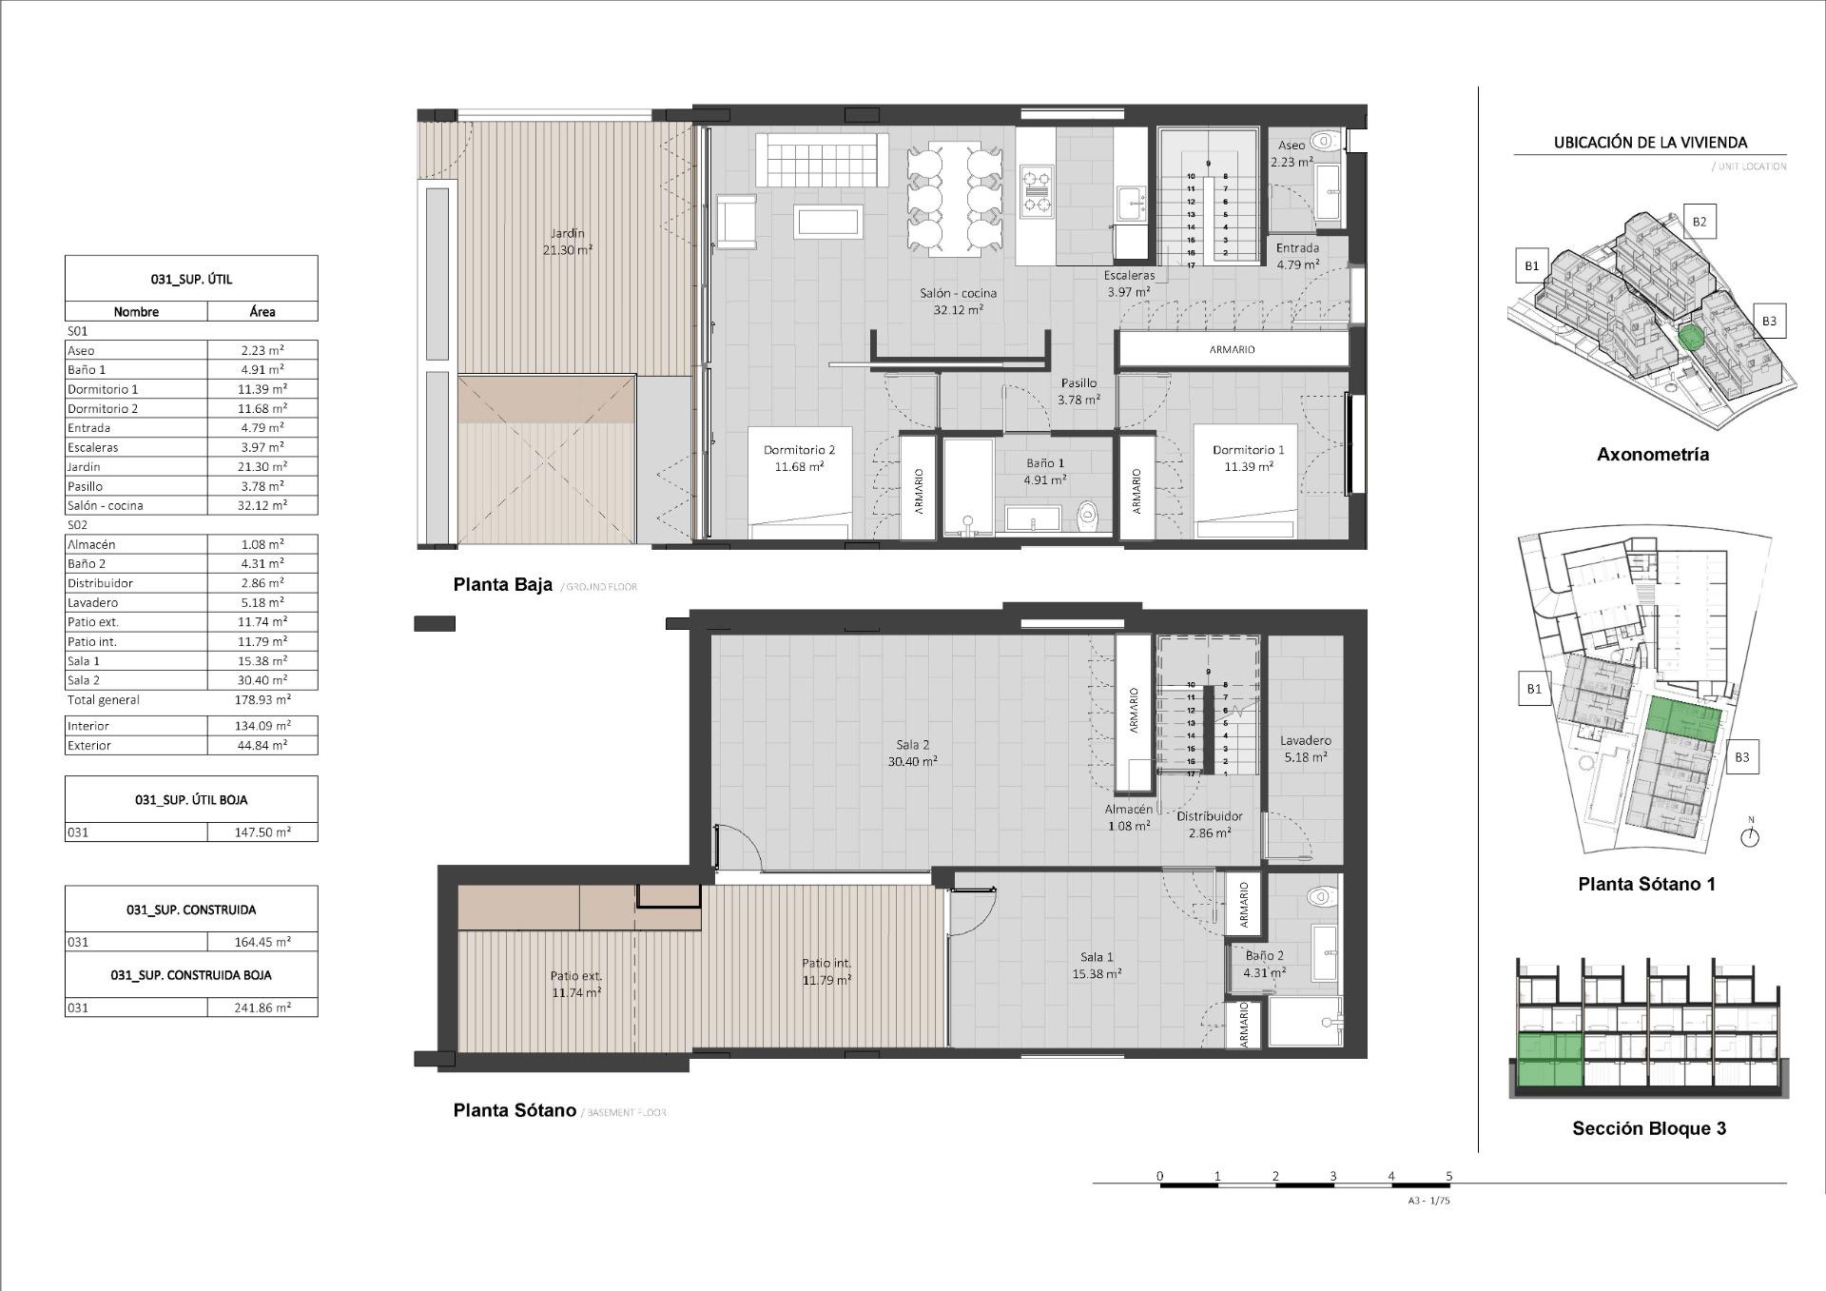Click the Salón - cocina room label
point(958,293)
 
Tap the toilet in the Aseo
point(1325,142)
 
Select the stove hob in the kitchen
point(1037,190)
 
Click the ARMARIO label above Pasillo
point(1232,349)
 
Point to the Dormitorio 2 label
point(799,450)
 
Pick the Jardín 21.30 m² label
point(567,242)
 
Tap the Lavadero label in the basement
point(1305,740)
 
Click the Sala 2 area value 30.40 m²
point(912,761)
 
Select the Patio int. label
point(826,963)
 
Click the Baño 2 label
point(1264,955)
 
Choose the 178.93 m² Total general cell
point(262,699)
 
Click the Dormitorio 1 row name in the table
point(103,389)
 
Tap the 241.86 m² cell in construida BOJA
point(262,1007)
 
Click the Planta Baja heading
point(502,585)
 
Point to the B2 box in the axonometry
point(1699,222)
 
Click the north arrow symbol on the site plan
point(1750,836)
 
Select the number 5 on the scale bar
point(1448,1176)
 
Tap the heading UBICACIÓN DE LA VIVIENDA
point(1650,143)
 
